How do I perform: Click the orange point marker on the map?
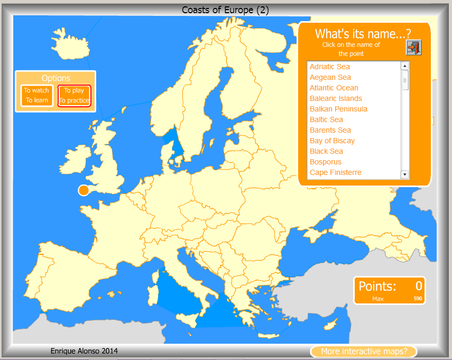[84, 190]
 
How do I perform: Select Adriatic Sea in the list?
[329, 67]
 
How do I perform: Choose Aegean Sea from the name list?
[330, 77]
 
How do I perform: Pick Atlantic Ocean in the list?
[334, 88]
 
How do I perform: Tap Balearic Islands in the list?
[336, 98]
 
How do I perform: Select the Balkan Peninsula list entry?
[338, 109]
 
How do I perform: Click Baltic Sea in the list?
[326, 119]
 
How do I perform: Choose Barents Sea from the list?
[330, 130]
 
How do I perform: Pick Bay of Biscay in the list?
[332, 141]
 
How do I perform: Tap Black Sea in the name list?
[326, 151]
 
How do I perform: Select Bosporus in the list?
[325, 162]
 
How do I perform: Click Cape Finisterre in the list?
[335, 172]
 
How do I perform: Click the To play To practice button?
[75, 96]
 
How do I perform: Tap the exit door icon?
[413, 48]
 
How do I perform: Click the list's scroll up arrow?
[405, 66]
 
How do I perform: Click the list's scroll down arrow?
[405, 174]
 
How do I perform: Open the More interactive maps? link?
[364, 352]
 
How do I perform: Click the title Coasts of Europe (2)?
[226, 10]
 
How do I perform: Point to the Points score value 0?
[419, 286]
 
